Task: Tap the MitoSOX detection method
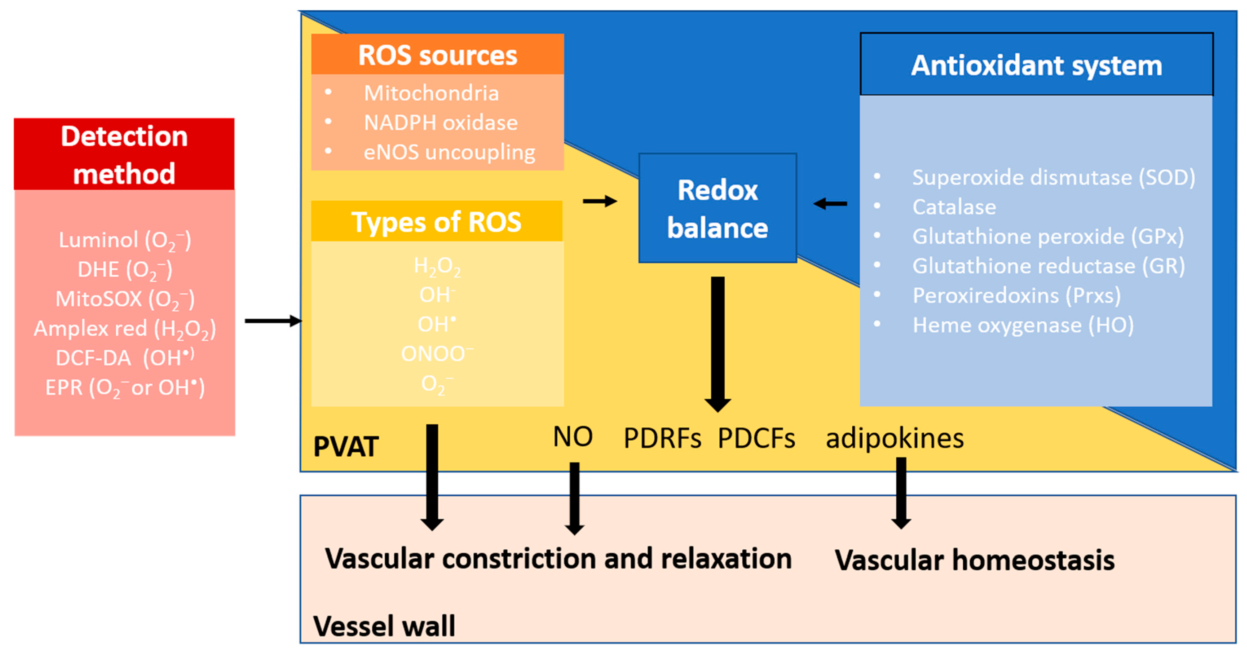124,299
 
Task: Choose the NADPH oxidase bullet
440,123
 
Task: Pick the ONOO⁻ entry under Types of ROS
437,354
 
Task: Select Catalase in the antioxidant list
954,207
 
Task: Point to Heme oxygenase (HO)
1022,325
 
